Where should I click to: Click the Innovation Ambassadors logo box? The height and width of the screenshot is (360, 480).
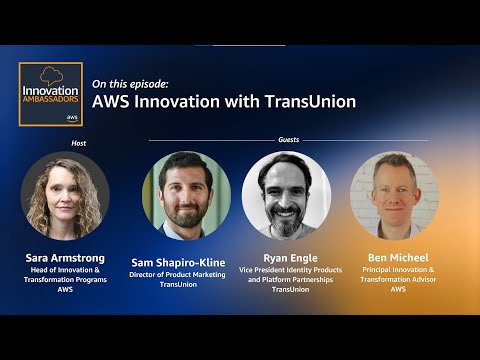50,95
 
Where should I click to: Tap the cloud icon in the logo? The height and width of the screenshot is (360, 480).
50,75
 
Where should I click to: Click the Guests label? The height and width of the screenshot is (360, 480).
288,140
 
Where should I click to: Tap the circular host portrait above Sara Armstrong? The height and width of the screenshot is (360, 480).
65,195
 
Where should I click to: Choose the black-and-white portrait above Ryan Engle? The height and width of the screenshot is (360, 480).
287,196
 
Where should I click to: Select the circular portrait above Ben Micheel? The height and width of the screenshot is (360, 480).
396,196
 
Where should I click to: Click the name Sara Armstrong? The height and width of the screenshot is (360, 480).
65,258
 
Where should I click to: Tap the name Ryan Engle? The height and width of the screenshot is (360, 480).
287,257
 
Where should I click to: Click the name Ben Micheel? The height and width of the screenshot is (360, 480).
397,257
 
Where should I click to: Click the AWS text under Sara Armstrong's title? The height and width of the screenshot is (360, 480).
65,290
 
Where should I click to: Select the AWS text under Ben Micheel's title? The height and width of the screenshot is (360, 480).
397,290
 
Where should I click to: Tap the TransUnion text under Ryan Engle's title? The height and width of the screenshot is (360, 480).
287,290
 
